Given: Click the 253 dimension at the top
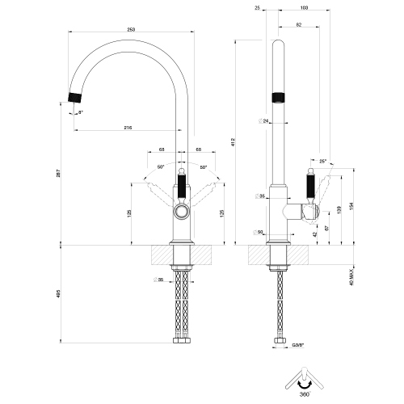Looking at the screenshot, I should pos(131,29).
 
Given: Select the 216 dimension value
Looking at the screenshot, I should pos(128,128).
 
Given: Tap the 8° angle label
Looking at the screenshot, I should pos(82,112).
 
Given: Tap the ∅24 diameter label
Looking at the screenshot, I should pos(264,121).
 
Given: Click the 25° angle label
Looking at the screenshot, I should pos(324,162).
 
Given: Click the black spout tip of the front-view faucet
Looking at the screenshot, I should pos(74,98).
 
